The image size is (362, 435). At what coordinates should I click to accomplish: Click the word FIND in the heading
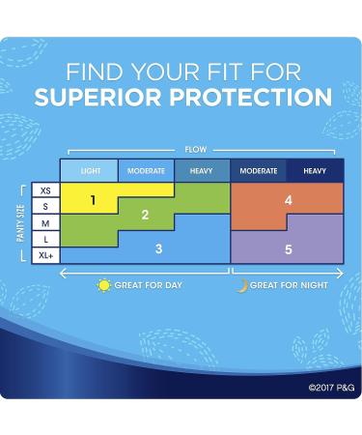pyautogui.click(x=95, y=72)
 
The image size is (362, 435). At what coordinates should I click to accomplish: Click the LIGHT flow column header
pyautogui.click(x=90, y=171)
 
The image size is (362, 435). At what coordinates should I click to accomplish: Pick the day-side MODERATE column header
pyautogui.click(x=146, y=171)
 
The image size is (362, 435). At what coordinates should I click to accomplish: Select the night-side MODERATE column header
pyautogui.click(x=258, y=171)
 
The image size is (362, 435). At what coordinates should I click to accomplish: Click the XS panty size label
pyautogui.click(x=45, y=191)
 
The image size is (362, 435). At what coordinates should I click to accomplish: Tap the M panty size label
pyautogui.click(x=45, y=222)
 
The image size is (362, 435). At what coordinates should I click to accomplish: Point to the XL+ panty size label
pyautogui.click(x=45, y=253)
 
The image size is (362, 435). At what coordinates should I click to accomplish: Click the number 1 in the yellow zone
pyautogui.click(x=93, y=200)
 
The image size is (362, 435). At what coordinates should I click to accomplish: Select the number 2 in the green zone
pyautogui.click(x=145, y=216)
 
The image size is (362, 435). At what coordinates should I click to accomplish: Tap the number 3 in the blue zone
pyautogui.click(x=158, y=247)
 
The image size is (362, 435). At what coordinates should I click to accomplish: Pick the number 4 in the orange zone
pyautogui.click(x=288, y=200)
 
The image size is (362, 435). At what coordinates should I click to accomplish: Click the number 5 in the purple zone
pyautogui.click(x=288, y=247)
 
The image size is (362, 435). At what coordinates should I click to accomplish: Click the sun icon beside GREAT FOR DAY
pyautogui.click(x=104, y=285)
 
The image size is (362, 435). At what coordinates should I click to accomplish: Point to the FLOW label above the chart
pyautogui.click(x=194, y=150)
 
